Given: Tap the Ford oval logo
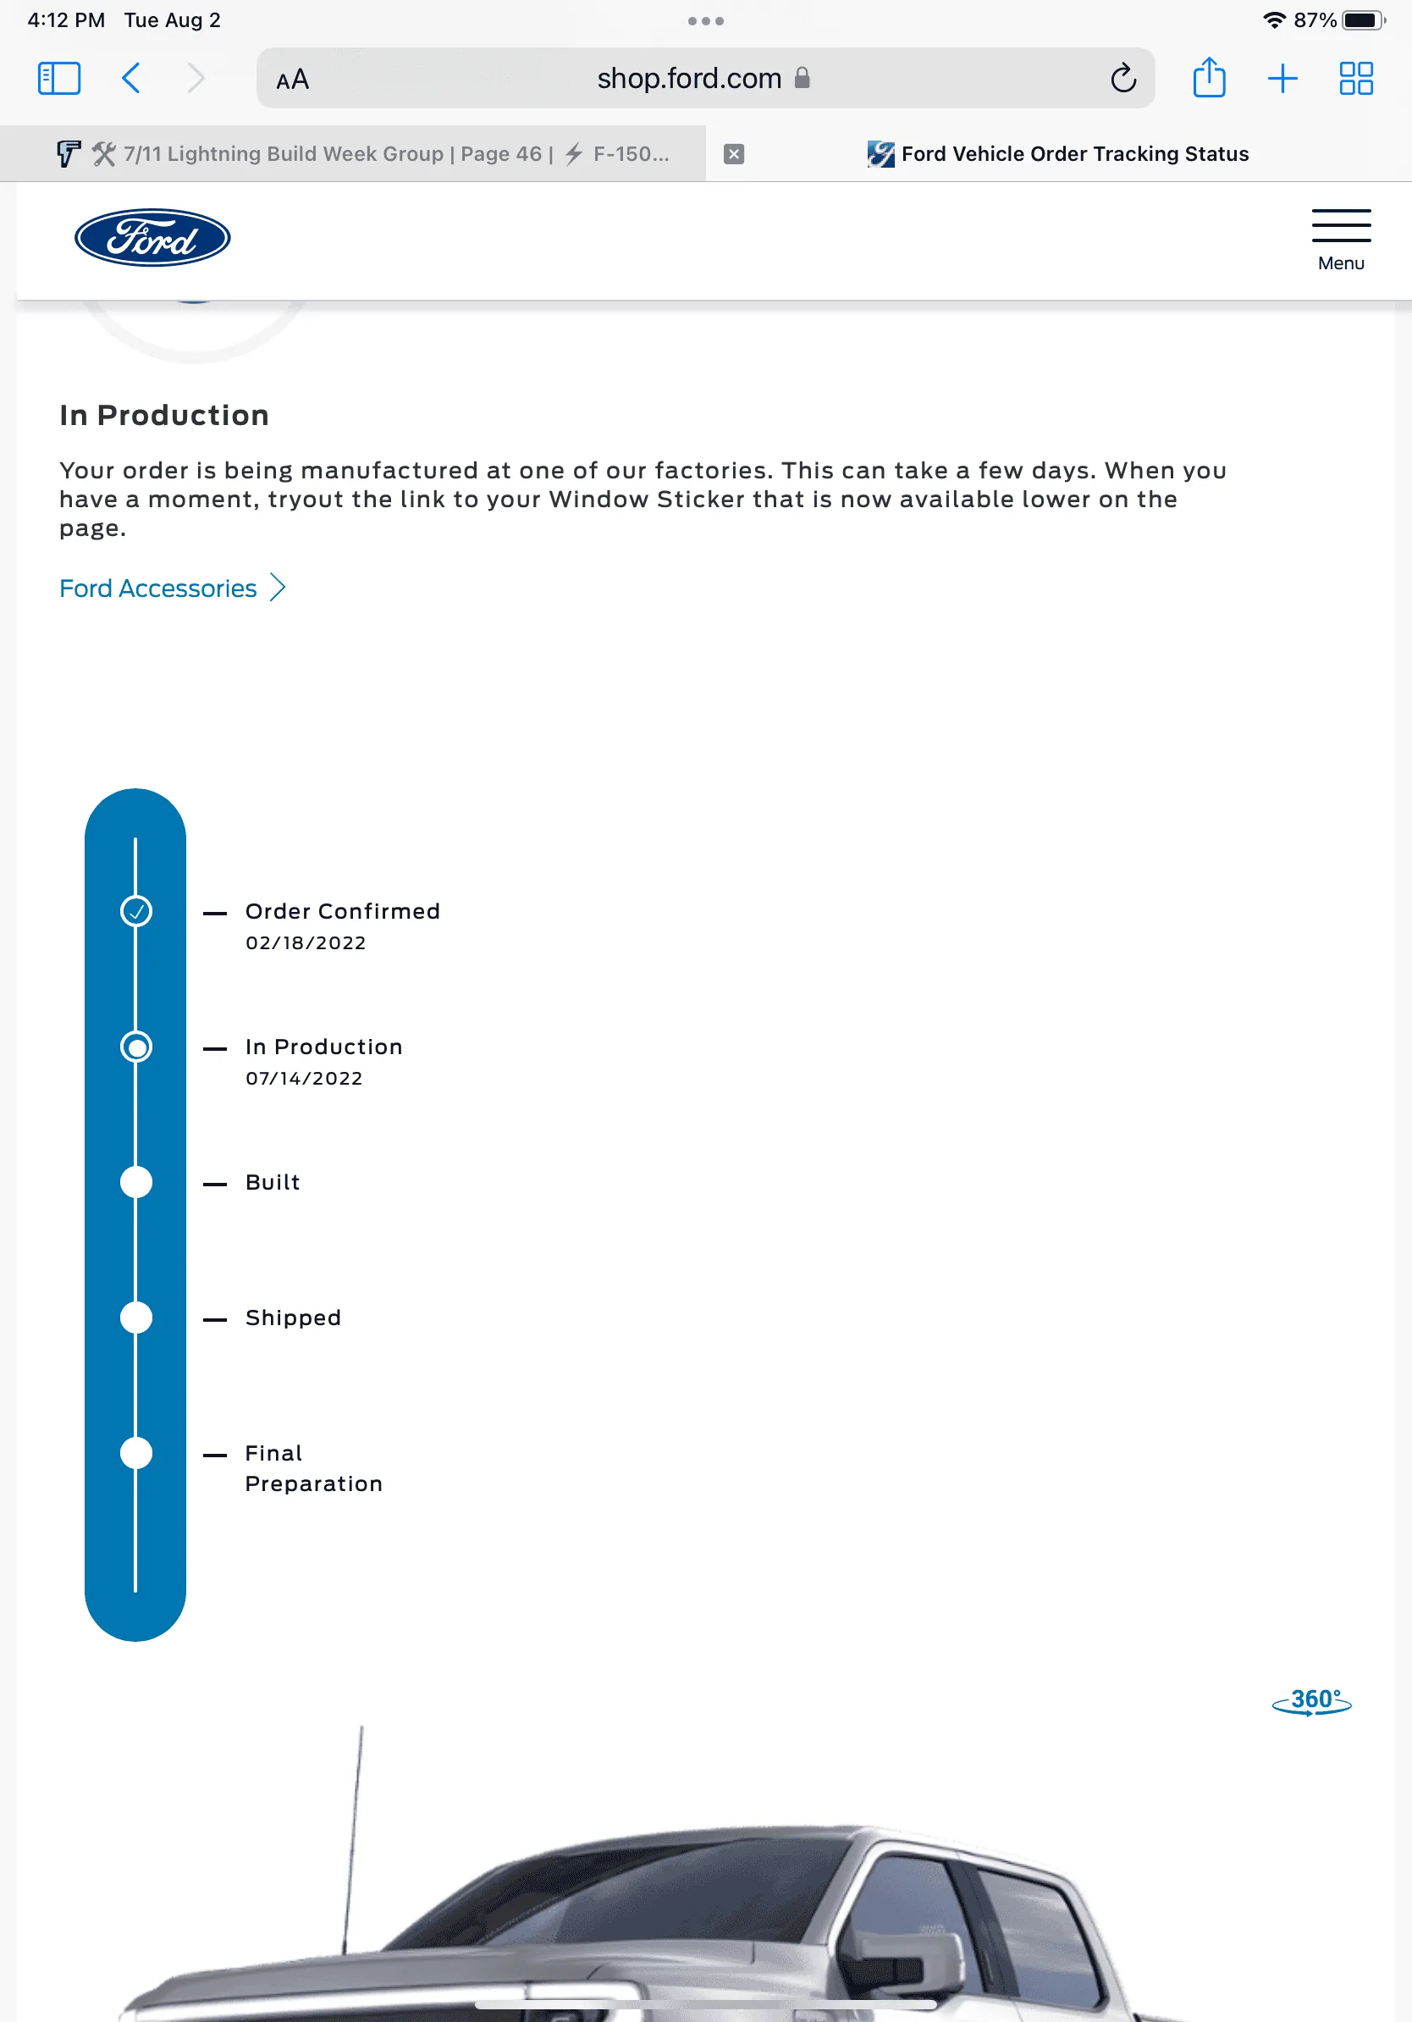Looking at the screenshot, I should [x=152, y=238].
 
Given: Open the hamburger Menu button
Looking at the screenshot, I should [x=1340, y=239].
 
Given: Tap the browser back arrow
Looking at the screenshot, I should [x=131, y=79].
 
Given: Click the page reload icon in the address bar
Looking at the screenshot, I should [x=1122, y=79].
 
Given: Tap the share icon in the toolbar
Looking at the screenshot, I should [x=1209, y=78].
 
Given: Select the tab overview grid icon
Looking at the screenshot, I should [x=1354, y=79].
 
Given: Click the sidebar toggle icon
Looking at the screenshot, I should [x=59, y=79].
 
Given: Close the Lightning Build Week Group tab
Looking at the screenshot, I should [x=733, y=154].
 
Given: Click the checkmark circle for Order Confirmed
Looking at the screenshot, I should [x=135, y=910].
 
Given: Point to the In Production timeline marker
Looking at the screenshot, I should [x=135, y=1047].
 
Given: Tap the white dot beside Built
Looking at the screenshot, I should [x=135, y=1182].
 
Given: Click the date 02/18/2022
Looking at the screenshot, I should [x=306, y=942].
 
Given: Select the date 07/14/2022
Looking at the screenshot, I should [x=304, y=1078].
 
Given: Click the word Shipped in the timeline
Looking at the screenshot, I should [x=293, y=1318].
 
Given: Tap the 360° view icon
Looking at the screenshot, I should [x=1310, y=1700].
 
